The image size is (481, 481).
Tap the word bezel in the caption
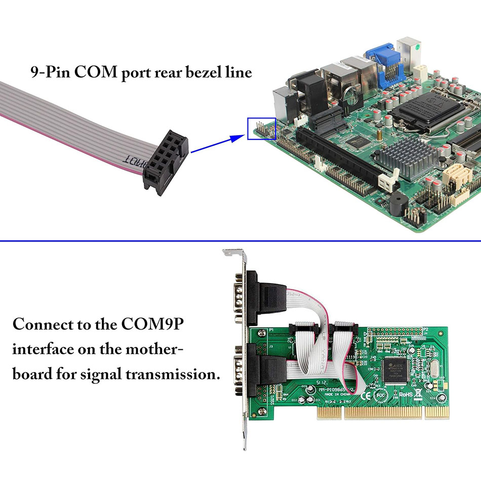coord(195,72)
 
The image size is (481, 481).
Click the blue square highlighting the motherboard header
coord(261,129)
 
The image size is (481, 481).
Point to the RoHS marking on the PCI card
coord(407,394)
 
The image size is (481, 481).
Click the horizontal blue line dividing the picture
coord(240,241)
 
